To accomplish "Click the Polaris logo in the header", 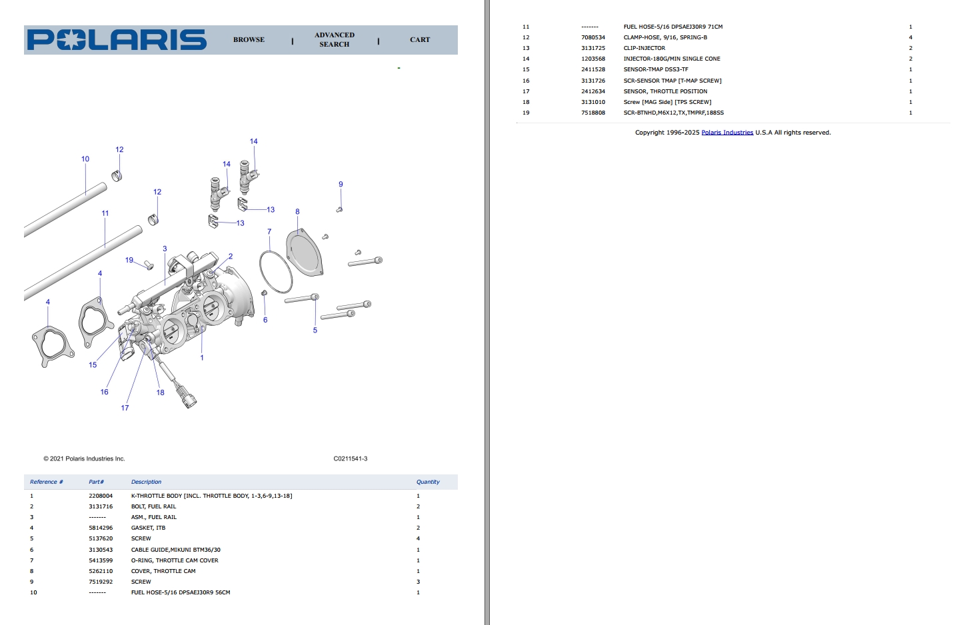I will [117, 40].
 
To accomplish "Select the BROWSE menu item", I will [249, 40].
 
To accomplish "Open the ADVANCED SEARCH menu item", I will [335, 40].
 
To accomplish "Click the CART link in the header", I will [420, 40].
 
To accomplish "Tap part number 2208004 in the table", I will [101, 496].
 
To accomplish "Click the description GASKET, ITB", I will [148, 528].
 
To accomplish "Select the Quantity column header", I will [428, 482].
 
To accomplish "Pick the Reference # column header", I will [46, 482].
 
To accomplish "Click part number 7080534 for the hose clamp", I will [593, 37].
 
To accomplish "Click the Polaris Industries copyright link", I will [727, 133].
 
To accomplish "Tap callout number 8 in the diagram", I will [297, 212].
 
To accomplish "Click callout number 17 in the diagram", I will [125, 408].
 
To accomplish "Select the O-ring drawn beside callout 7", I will [275, 272].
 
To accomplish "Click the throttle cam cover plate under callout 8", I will [305, 253].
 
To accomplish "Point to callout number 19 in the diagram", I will [129, 260].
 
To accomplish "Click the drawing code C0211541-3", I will [351, 458].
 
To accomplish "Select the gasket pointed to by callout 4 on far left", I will [52, 344].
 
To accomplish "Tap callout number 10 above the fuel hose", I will [85, 159].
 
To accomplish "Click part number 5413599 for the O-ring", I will [101, 560].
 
